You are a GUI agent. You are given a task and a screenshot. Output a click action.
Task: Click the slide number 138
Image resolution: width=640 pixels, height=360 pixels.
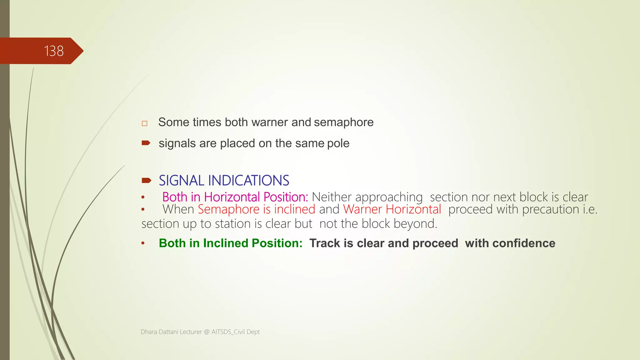[x=54, y=51]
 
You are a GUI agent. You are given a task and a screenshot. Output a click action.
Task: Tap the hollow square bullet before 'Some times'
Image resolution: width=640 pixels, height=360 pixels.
[x=144, y=123]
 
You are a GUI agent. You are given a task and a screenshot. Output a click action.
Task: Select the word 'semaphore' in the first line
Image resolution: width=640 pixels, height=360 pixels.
[x=343, y=122]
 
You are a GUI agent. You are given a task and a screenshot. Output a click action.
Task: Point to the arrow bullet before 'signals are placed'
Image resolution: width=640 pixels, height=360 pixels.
[x=146, y=143]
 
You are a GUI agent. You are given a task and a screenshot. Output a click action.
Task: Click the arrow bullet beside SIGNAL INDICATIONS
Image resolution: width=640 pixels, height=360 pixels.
[x=146, y=180]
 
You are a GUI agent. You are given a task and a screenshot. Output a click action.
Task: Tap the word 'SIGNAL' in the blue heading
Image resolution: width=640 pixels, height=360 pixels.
[x=181, y=181]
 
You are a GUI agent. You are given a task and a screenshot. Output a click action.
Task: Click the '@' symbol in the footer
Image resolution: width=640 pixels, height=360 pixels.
[x=207, y=332]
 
